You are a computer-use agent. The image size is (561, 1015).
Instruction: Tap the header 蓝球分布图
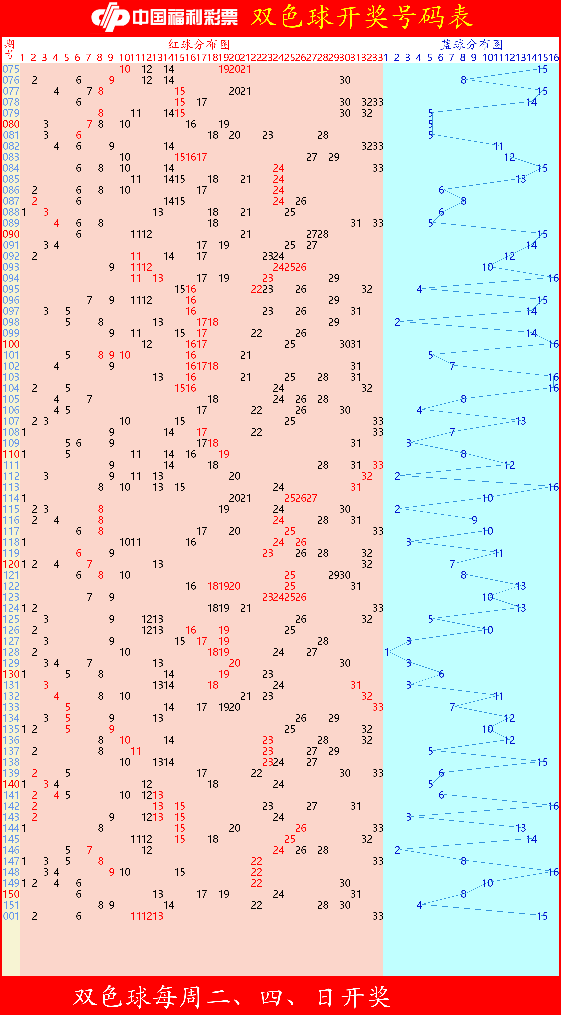click(x=471, y=44)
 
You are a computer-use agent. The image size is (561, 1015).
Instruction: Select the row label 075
click(x=11, y=69)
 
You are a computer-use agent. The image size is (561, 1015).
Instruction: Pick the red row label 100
click(x=11, y=344)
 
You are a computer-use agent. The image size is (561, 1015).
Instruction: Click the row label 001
click(x=11, y=916)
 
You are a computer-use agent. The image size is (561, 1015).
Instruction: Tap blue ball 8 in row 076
click(x=464, y=80)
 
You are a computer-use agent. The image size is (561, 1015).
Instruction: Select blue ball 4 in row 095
click(x=419, y=289)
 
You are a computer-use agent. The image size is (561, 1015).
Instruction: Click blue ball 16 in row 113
click(x=553, y=487)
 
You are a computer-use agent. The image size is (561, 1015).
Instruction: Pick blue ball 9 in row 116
click(x=475, y=520)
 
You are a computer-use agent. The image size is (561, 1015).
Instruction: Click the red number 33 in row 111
click(x=378, y=465)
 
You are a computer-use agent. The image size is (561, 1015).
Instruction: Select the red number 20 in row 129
click(x=234, y=663)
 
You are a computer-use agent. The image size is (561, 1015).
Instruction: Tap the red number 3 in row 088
click(x=46, y=212)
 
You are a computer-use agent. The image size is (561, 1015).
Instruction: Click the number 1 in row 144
click(x=24, y=828)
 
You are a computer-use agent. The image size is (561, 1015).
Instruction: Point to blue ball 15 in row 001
click(x=542, y=916)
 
